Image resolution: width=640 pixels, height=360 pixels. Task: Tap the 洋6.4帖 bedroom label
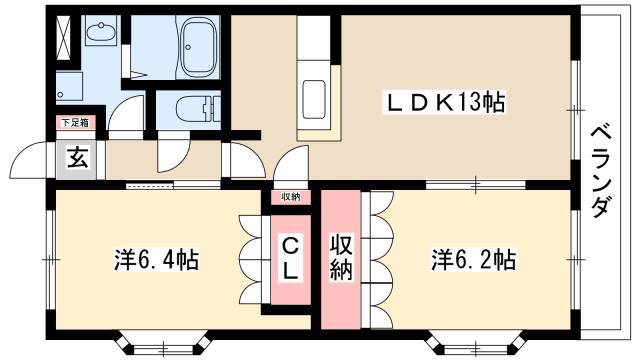[x=156, y=260]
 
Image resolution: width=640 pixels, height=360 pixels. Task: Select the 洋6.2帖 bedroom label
[x=473, y=260]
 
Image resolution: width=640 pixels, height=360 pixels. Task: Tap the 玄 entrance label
[x=78, y=158]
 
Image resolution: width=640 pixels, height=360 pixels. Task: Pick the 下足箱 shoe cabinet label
[x=75, y=122]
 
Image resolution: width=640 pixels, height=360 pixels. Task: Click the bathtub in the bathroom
[x=198, y=48]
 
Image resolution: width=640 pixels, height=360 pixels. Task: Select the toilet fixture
[x=197, y=109]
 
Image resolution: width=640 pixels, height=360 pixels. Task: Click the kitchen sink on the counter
[x=314, y=100]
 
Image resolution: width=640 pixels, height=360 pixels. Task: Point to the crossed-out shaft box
[x=64, y=37]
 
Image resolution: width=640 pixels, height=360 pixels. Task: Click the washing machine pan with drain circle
[x=69, y=87]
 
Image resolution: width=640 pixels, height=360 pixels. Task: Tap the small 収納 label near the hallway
[x=291, y=197]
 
